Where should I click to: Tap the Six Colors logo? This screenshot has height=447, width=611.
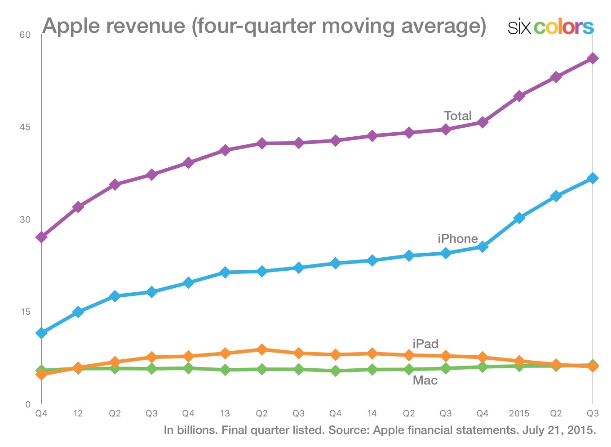point(550,27)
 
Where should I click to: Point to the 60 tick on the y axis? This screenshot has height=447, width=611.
point(25,35)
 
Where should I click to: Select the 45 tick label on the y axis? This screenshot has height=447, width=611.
point(25,127)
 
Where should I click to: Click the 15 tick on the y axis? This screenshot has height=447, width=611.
point(25,312)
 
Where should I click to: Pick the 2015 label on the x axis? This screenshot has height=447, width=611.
point(519,413)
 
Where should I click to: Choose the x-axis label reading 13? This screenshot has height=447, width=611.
point(225,413)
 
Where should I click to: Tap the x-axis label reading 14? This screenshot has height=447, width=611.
point(372,413)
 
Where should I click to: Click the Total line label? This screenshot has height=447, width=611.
point(458,116)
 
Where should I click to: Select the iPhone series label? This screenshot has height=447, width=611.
point(458,239)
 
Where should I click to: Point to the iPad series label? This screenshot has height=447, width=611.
point(425,344)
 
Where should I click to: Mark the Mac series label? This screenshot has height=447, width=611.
point(425,380)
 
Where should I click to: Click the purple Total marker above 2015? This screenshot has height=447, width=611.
point(519,96)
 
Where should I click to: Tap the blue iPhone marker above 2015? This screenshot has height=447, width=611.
point(519,218)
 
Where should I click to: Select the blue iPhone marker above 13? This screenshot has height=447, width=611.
point(225,272)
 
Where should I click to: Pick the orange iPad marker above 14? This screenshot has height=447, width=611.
point(372,353)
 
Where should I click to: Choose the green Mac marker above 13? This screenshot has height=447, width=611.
point(225,370)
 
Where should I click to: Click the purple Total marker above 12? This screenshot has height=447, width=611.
point(78,207)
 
